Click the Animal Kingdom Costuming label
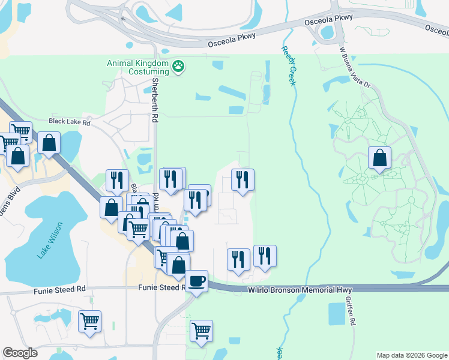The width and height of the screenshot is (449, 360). point(137,67)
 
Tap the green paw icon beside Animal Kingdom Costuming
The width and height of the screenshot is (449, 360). point(178,66)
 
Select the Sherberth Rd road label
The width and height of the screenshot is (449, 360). point(155,101)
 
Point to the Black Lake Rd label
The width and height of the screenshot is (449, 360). point(69,122)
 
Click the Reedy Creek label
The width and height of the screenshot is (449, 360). point(288,67)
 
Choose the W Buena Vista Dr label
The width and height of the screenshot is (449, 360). point(355,68)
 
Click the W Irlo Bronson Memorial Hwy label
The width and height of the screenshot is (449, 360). point(300,290)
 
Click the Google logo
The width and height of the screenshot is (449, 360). point(20,353)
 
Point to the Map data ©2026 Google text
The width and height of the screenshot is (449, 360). point(411,355)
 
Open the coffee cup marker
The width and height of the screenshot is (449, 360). point(196,281)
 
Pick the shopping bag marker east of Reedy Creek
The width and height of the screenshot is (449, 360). point(379,158)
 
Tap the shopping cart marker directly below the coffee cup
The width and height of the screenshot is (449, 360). point(201,330)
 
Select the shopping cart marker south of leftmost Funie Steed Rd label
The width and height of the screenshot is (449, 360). point(89,320)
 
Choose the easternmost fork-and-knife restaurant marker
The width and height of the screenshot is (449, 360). point(265,256)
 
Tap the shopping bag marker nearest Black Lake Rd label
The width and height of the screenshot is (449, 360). point(49,143)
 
